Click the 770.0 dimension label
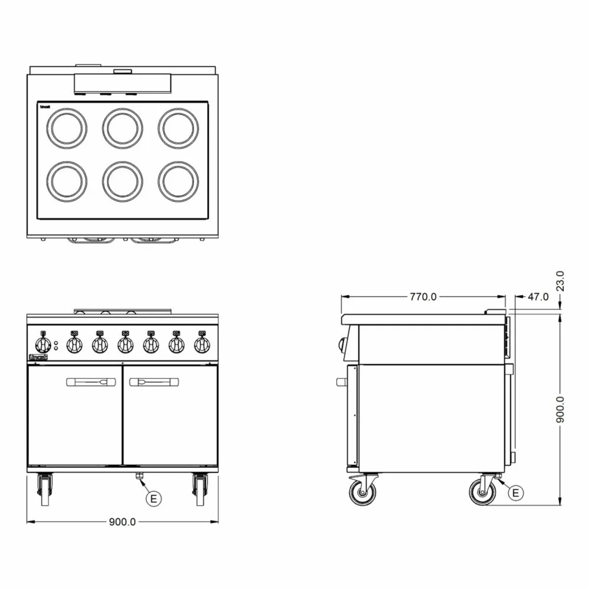point(423,296)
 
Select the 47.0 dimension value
point(538,296)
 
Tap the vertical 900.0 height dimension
point(562,410)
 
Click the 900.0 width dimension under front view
point(122,522)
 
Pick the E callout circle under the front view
point(154,499)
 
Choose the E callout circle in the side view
point(515,492)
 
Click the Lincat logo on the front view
point(38,358)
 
